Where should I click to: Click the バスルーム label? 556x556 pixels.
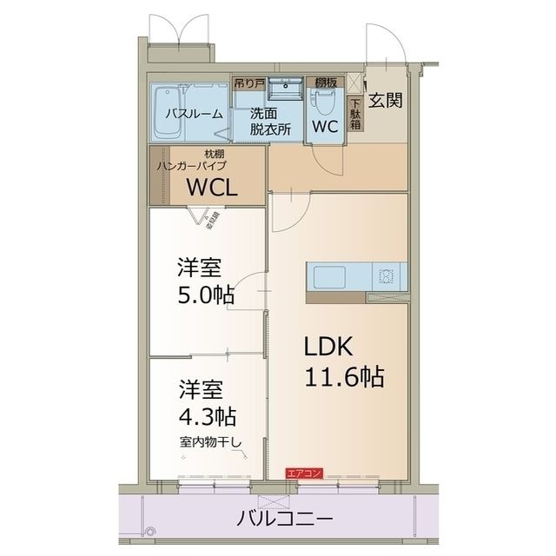tap(194, 114)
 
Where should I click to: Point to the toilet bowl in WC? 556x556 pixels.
tap(325, 104)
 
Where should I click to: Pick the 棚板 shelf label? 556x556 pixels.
tap(325, 82)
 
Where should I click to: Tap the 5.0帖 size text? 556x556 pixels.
tap(205, 294)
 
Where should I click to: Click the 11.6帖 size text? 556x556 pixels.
tap(344, 379)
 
